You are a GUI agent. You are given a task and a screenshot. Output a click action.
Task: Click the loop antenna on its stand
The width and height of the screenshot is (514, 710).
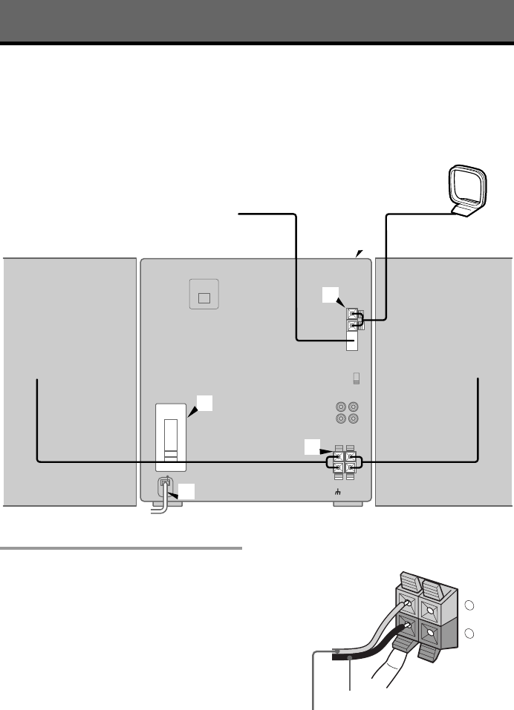pyautogui.click(x=464, y=191)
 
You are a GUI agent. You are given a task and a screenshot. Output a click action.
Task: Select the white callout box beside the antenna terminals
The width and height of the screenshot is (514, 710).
pyautogui.click(x=329, y=295)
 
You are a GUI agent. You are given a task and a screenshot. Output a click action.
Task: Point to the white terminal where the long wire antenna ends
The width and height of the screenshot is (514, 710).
pyautogui.click(x=353, y=342)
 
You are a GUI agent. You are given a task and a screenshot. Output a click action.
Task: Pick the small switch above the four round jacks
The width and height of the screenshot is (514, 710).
pyautogui.click(x=356, y=378)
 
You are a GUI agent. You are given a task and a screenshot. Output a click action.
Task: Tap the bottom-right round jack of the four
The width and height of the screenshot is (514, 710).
pyautogui.click(x=353, y=419)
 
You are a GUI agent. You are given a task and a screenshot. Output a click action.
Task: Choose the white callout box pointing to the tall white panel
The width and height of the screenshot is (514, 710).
pyautogui.click(x=205, y=403)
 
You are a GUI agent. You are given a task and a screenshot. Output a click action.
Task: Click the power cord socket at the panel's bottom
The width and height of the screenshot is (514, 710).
pyautogui.click(x=165, y=484)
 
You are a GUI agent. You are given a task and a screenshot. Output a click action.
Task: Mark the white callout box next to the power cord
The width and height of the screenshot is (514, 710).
pyautogui.click(x=189, y=492)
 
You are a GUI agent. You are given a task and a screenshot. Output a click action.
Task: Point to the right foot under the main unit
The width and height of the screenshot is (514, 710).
pyautogui.click(x=348, y=504)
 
